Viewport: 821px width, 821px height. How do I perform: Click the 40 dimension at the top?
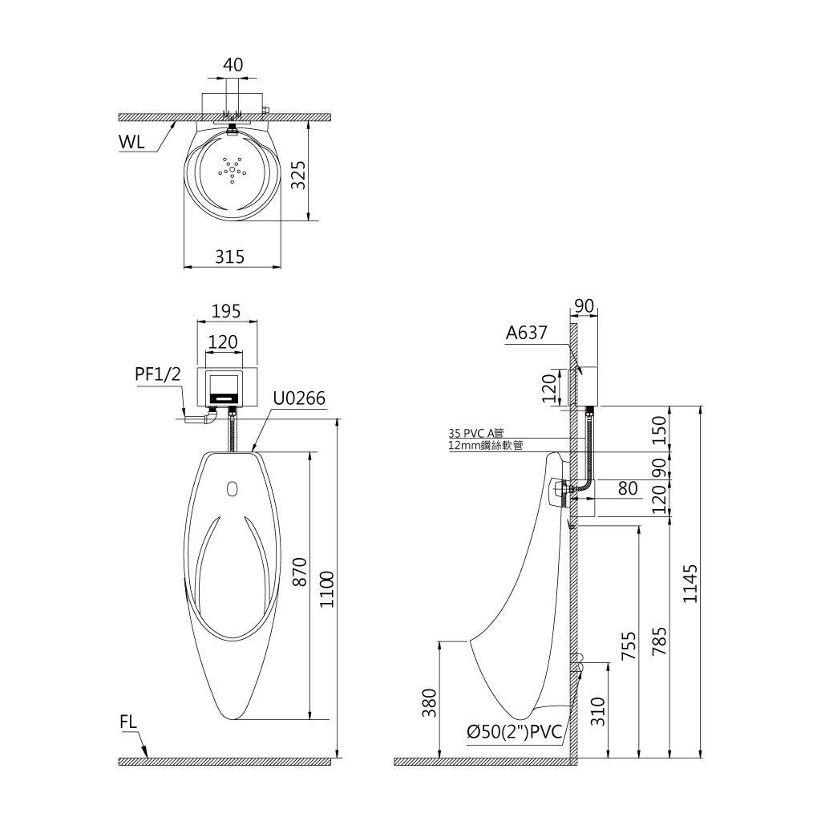coord(233,65)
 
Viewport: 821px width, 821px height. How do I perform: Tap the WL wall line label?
coord(131,141)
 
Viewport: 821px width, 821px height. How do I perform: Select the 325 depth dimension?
coord(298,175)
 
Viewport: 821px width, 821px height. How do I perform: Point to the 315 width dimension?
coord(230,257)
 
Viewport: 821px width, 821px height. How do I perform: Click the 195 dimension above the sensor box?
coord(225,311)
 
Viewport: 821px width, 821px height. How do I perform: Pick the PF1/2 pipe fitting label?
coord(158,374)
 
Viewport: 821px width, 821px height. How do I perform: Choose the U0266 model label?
coord(299,398)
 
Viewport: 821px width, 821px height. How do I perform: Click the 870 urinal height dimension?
coord(300,572)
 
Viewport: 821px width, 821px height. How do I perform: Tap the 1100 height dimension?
coord(327,589)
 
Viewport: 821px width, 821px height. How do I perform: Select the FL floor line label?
coord(128,722)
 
